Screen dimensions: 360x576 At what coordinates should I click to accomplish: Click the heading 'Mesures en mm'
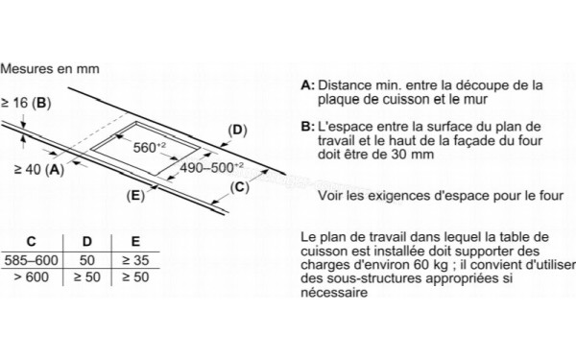tap(51, 70)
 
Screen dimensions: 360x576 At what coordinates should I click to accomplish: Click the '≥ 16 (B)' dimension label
tap(26, 102)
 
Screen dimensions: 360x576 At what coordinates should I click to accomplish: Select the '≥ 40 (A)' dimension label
tap(39, 170)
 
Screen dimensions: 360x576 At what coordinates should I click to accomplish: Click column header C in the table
tap(32, 242)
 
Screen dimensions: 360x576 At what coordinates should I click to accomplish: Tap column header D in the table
tap(86, 242)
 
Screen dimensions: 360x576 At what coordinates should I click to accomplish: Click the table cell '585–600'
tap(32, 260)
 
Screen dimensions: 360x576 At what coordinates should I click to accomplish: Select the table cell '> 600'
tap(32, 277)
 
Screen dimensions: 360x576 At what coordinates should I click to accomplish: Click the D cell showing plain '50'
tap(86, 260)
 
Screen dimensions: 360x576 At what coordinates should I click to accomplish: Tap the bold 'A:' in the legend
tap(307, 85)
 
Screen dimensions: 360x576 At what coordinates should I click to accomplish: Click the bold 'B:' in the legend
tap(307, 127)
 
